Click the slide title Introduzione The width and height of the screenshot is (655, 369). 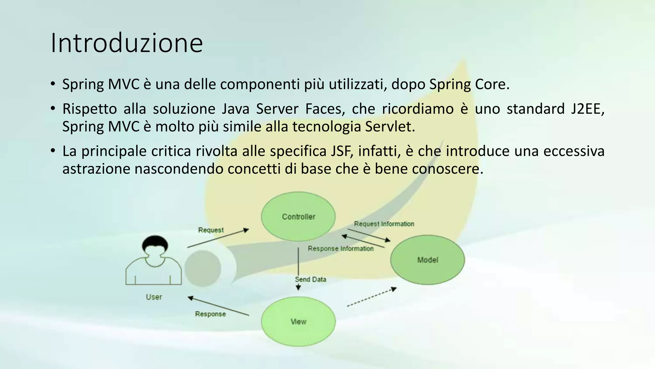pos(127,43)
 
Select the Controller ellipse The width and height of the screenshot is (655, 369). pos(298,217)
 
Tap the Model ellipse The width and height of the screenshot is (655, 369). pos(427,260)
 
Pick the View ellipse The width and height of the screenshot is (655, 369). pos(298,322)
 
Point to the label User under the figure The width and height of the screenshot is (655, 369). pos(154,297)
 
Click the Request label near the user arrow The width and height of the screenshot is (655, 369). pos(211,230)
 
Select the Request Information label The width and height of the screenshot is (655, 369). pos(384,224)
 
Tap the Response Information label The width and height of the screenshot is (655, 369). pos(340,249)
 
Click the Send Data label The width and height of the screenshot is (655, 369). pos(310,279)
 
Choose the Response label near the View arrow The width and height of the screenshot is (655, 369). pos(210,314)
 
